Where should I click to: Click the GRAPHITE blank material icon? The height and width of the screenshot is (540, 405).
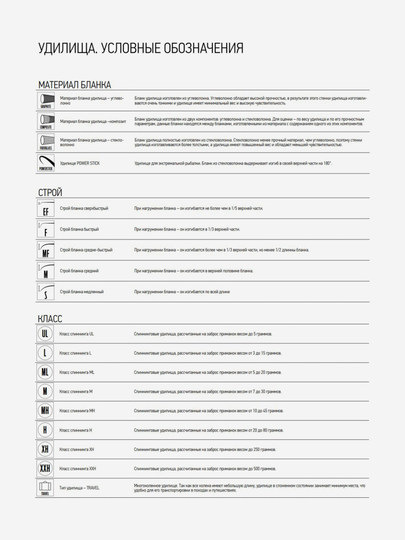click(x=46, y=100)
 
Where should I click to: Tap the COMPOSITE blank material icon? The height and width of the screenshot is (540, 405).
click(x=46, y=121)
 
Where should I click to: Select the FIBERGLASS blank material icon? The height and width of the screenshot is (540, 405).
click(x=46, y=142)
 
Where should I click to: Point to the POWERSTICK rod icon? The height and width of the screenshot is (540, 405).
click(x=46, y=163)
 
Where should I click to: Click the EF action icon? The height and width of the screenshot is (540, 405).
click(x=46, y=208)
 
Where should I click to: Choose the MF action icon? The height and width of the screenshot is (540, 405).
click(x=46, y=250)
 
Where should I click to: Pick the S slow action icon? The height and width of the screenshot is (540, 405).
click(x=46, y=292)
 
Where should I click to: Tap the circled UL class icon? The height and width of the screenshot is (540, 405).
click(x=45, y=334)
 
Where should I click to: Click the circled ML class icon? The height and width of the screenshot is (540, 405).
click(x=45, y=372)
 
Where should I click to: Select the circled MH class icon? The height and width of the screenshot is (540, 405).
click(x=45, y=411)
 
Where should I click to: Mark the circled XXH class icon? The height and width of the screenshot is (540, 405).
click(x=45, y=468)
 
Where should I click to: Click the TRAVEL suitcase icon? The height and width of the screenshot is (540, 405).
click(x=45, y=488)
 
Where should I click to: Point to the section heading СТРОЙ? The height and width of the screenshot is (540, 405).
click(x=51, y=193)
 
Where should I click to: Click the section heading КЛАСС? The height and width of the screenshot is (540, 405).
click(x=51, y=319)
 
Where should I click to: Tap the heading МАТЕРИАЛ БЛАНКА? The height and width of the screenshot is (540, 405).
click(x=74, y=85)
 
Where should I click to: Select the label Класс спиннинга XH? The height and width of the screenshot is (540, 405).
click(x=77, y=449)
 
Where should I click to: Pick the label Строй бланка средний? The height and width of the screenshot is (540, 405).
click(x=79, y=271)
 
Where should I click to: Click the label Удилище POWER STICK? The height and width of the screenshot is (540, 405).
click(x=80, y=163)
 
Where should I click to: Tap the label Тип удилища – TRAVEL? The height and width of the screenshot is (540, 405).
click(x=79, y=488)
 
